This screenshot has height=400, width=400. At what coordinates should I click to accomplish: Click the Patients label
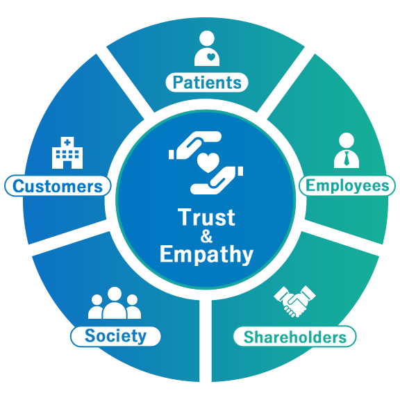(x=207, y=83)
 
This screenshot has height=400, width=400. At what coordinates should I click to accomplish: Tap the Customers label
(x=58, y=185)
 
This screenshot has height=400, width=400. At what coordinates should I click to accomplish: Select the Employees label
(x=347, y=185)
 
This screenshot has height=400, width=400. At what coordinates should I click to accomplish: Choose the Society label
(x=115, y=336)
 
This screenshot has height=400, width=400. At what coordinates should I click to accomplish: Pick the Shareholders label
(x=295, y=337)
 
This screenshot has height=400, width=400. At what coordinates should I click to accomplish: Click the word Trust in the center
(x=206, y=217)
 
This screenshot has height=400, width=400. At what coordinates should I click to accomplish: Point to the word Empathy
(x=206, y=254)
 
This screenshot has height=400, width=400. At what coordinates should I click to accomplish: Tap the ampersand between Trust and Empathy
(x=206, y=236)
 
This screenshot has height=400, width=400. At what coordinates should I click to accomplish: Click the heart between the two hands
(x=208, y=162)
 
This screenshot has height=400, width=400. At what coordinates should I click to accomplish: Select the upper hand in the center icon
(x=195, y=145)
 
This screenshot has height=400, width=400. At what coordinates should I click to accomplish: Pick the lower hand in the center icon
(x=217, y=181)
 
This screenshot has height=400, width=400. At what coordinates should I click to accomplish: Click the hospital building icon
(x=67, y=153)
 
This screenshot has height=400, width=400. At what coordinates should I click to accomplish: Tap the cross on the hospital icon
(x=67, y=142)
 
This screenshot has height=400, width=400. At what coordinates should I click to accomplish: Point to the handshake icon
(x=294, y=301)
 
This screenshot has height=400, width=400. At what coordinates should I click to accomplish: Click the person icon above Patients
(x=207, y=48)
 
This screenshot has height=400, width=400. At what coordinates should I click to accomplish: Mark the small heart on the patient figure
(x=211, y=57)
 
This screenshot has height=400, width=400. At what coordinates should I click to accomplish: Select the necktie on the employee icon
(x=347, y=158)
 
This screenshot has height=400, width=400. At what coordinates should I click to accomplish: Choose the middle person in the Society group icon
(x=115, y=303)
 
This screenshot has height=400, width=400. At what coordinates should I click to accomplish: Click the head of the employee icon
(x=347, y=140)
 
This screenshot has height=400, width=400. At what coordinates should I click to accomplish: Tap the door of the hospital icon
(x=67, y=165)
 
